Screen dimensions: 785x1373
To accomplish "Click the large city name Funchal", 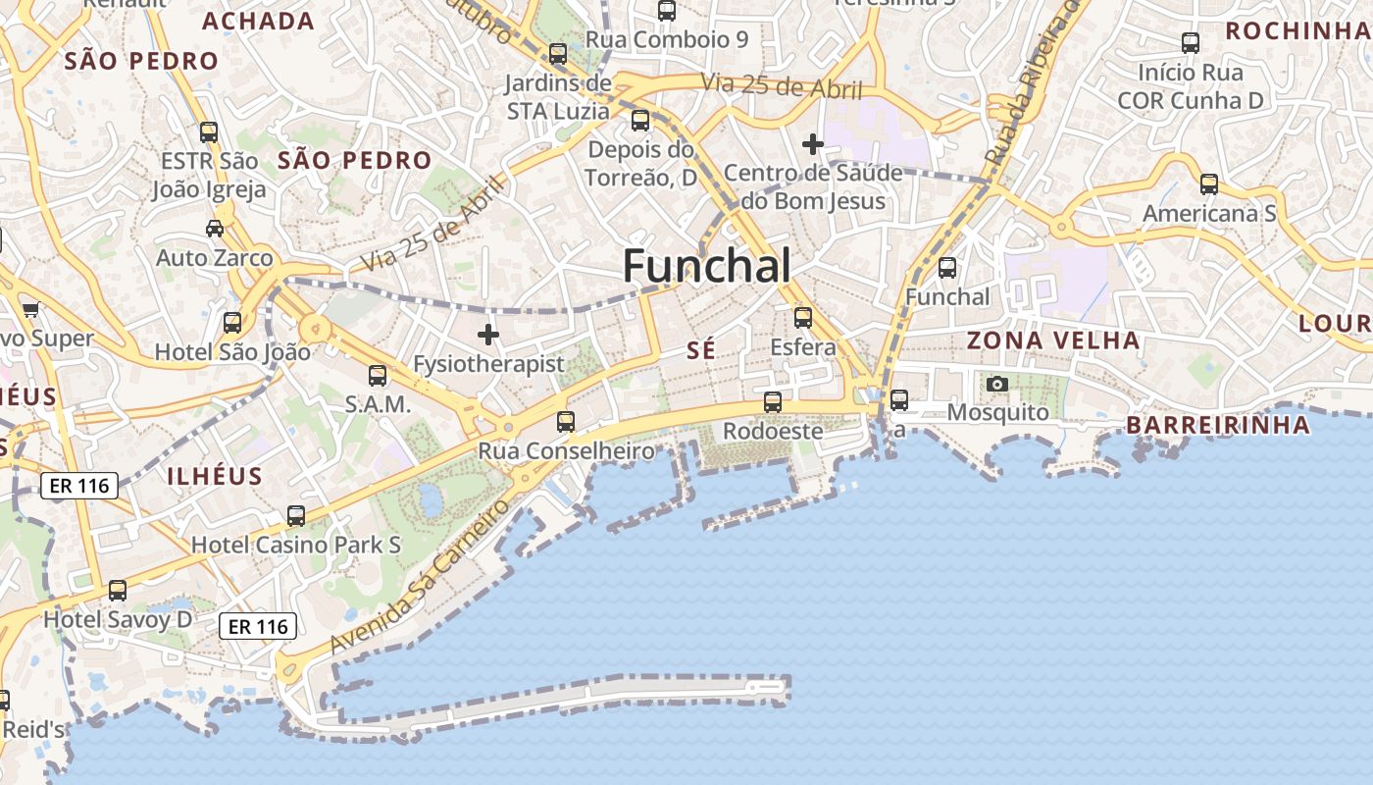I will pyautogui.click(x=706, y=265).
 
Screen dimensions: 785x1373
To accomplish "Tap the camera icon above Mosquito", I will pyautogui.click(x=997, y=384).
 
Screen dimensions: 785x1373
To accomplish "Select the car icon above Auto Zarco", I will pyautogui.click(x=214, y=229).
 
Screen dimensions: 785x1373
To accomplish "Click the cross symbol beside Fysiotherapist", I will pyautogui.click(x=487, y=335).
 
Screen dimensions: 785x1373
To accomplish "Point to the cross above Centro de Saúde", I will pyautogui.click(x=812, y=144).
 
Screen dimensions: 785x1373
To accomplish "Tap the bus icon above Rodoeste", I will pyautogui.click(x=773, y=402).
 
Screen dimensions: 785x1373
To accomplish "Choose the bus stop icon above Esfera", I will pyautogui.click(x=803, y=318).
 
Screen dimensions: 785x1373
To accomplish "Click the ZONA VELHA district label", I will pyautogui.click(x=1054, y=340).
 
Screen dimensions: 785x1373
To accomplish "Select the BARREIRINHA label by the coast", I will pyautogui.click(x=1218, y=425).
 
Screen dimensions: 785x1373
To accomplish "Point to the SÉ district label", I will pyautogui.click(x=701, y=350).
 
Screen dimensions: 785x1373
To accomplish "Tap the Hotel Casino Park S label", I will pyautogui.click(x=296, y=544).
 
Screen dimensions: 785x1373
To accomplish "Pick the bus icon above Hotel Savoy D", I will pyautogui.click(x=118, y=591).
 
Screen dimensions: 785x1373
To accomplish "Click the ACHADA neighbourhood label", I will pyautogui.click(x=258, y=22).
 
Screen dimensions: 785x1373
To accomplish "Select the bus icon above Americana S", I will pyautogui.click(x=1209, y=184).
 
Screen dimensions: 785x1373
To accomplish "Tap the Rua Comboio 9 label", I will pyautogui.click(x=667, y=39).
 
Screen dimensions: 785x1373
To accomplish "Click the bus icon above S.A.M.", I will pyautogui.click(x=378, y=376).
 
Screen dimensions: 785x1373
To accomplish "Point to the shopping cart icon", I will pyautogui.click(x=30, y=310).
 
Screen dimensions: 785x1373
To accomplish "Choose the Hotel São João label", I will pyautogui.click(x=232, y=351).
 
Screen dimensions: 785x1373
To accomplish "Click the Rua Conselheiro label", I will pyautogui.click(x=566, y=450).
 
